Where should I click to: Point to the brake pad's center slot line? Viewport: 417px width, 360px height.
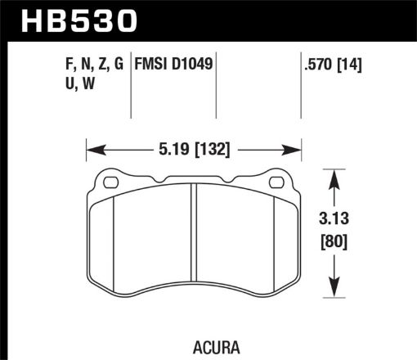tap(194, 237)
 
